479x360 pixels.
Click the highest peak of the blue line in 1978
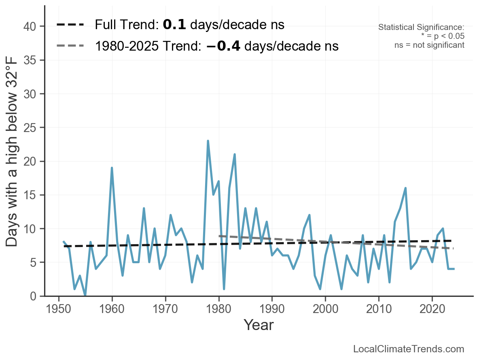pos(208,141)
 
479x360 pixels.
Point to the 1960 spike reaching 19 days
pos(112,168)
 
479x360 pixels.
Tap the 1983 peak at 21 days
pos(235,154)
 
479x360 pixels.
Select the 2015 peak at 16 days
pos(405,188)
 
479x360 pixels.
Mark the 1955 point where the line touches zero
pos(85,296)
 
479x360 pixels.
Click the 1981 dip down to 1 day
pos(224,289)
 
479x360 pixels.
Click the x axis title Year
pos(259,325)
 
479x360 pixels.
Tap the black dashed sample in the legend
pos(70,25)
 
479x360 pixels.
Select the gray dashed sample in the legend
pos(70,46)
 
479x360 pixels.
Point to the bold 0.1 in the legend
pos(174,25)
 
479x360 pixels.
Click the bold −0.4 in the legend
pos(223,46)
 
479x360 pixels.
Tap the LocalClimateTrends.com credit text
pos(409,349)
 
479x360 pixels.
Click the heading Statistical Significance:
pos(421,27)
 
